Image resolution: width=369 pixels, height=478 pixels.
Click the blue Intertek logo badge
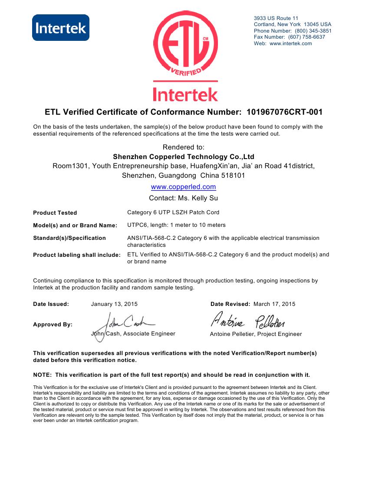(x=61, y=28)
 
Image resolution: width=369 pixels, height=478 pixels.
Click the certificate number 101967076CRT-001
(x=284, y=112)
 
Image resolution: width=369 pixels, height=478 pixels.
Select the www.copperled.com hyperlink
(x=183, y=187)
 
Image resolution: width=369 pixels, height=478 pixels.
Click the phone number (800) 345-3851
(x=313, y=31)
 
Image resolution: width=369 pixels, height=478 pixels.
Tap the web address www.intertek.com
(x=290, y=43)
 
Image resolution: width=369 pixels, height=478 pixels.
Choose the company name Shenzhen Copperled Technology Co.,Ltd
(x=183, y=156)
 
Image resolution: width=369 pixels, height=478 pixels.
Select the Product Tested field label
(x=55, y=213)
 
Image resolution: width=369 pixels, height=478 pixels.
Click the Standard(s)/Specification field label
(x=69, y=238)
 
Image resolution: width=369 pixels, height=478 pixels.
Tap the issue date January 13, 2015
(x=114, y=304)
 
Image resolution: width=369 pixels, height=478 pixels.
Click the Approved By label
(x=53, y=325)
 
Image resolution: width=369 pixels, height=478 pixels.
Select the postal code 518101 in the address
(x=234, y=176)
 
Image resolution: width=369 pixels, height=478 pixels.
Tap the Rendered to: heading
(x=183, y=147)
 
